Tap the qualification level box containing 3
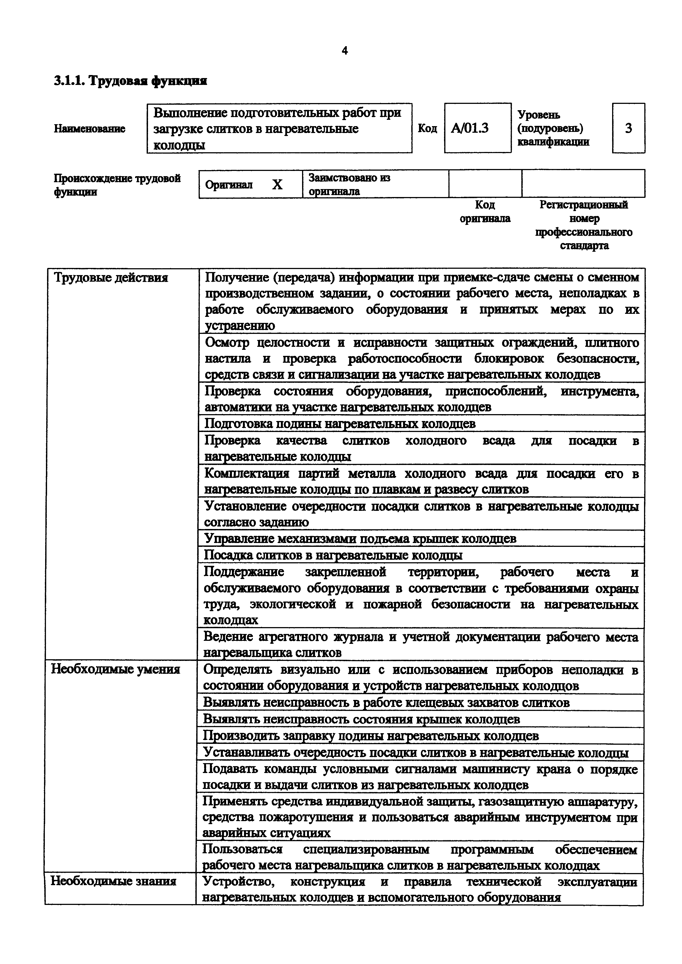point(628,128)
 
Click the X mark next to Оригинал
point(277,184)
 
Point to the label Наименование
point(89,129)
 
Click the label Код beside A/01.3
point(427,128)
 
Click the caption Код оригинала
point(485,212)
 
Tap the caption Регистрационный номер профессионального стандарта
point(584,225)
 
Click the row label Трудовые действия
point(111,278)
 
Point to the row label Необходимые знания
point(113,881)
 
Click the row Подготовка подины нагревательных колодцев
point(339,424)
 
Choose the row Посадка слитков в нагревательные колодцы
point(333,555)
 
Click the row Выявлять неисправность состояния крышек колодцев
point(361,719)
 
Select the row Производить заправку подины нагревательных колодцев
point(371,736)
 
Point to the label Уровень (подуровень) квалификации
point(553,128)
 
